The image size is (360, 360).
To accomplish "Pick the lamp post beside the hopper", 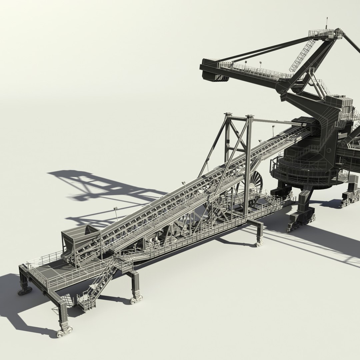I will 116,213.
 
